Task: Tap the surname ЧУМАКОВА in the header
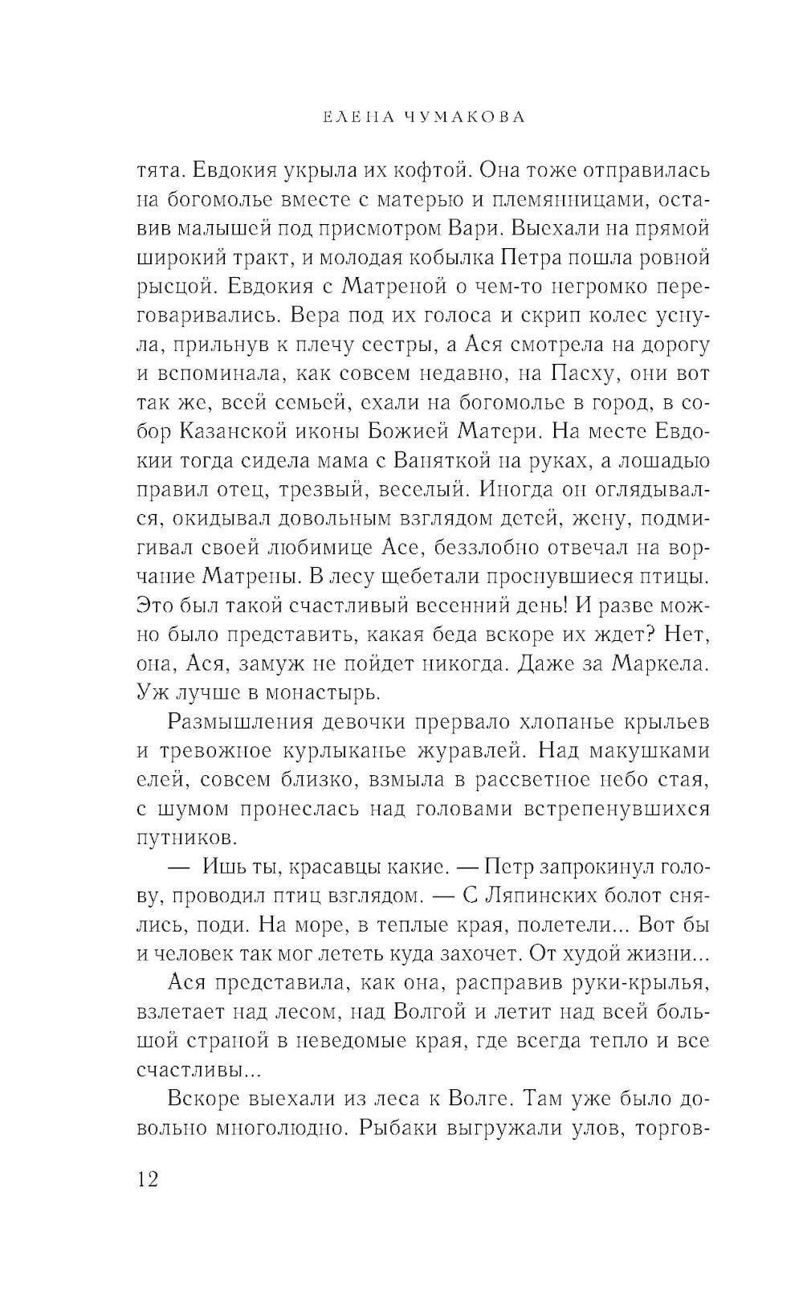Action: [x=463, y=117]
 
